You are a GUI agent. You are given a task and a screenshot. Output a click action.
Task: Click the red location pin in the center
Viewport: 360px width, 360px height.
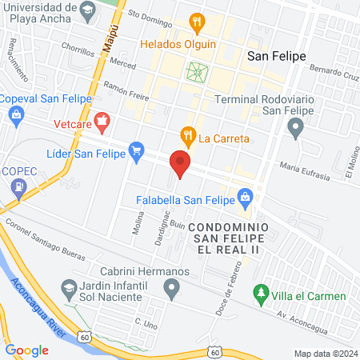(x=181, y=163)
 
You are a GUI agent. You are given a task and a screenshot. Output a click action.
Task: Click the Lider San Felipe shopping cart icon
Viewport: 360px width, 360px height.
(x=137, y=149)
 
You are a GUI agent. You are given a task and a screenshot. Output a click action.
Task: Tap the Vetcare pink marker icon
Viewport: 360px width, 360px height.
(x=101, y=122)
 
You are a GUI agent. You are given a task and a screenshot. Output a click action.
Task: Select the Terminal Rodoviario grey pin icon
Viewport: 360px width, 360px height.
(x=296, y=126)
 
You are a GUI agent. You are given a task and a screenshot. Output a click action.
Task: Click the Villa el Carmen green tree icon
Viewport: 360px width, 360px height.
(x=259, y=296)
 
